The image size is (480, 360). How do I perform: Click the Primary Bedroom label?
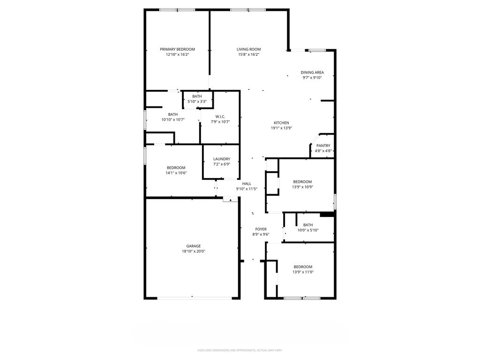tap(177, 49)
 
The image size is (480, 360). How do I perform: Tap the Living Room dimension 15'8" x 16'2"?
tap(248, 54)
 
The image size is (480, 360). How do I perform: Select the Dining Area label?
tap(312, 72)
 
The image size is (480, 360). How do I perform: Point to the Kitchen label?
tap(281, 123)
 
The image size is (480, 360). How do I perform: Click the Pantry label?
tap(323, 145)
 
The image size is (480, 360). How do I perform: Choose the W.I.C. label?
tap(220, 117)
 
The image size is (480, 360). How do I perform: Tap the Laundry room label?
tap(221, 159)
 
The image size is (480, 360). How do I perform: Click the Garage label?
tap(194, 246)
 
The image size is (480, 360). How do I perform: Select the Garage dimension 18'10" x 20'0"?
tap(194, 251)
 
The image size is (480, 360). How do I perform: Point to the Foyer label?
tap(261, 229)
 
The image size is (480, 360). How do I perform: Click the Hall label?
tap(247, 184)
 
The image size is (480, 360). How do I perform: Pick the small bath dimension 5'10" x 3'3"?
tap(197, 101)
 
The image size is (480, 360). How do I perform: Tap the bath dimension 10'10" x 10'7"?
tap(173, 120)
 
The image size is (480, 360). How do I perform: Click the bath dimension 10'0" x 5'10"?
tap(308, 230)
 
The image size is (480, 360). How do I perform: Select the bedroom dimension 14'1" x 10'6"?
tap(176, 173)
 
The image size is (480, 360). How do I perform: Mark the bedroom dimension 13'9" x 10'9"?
tap(302, 187)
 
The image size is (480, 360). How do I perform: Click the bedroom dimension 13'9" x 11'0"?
tap(302, 272)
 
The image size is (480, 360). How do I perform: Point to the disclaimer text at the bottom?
tap(240, 350)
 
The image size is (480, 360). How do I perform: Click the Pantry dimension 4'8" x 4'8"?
tap(323, 151)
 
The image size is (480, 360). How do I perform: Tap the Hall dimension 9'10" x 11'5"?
tap(247, 189)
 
